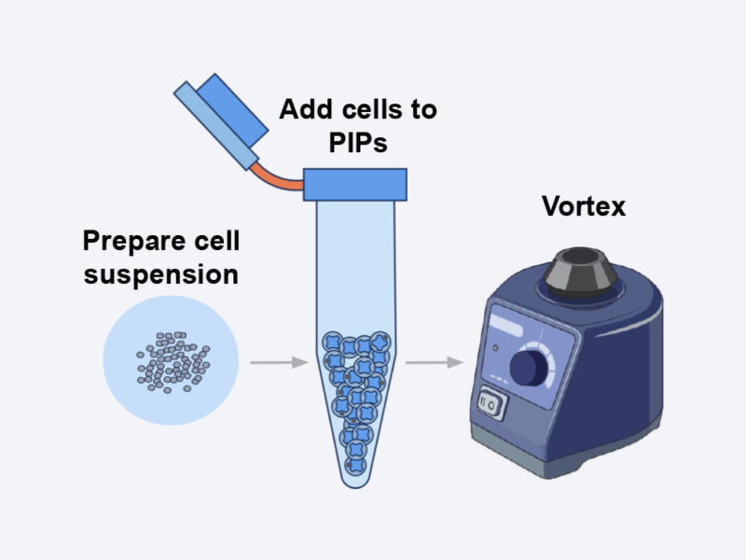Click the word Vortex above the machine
584,206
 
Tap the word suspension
159,275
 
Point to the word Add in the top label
303,109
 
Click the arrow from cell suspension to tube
271,362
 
